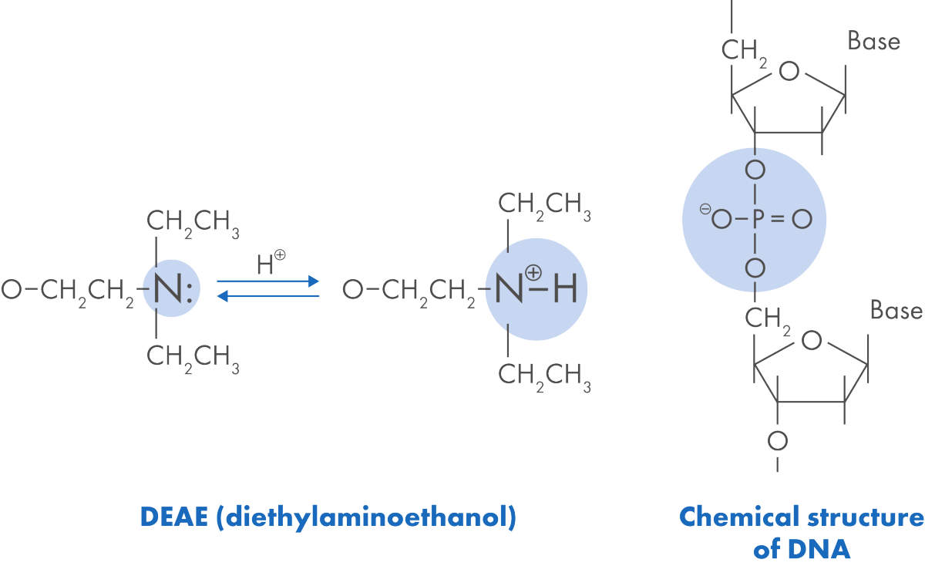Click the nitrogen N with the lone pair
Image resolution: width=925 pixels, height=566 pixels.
point(166,289)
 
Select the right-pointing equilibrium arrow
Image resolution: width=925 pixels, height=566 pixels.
point(267,281)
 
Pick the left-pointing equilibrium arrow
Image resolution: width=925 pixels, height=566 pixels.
point(267,295)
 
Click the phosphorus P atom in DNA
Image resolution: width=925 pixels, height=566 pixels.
point(755,220)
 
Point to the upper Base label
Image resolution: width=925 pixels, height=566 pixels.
point(873,40)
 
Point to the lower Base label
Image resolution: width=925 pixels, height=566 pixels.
point(896,310)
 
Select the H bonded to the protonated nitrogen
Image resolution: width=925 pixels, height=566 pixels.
point(565,290)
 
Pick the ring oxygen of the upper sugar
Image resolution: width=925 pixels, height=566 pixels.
point(788,72)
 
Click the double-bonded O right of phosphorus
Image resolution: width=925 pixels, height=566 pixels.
point(802,220)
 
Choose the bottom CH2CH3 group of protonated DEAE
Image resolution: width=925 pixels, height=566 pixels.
point(544,376)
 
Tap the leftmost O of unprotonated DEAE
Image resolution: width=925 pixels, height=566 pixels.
point(11,290)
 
